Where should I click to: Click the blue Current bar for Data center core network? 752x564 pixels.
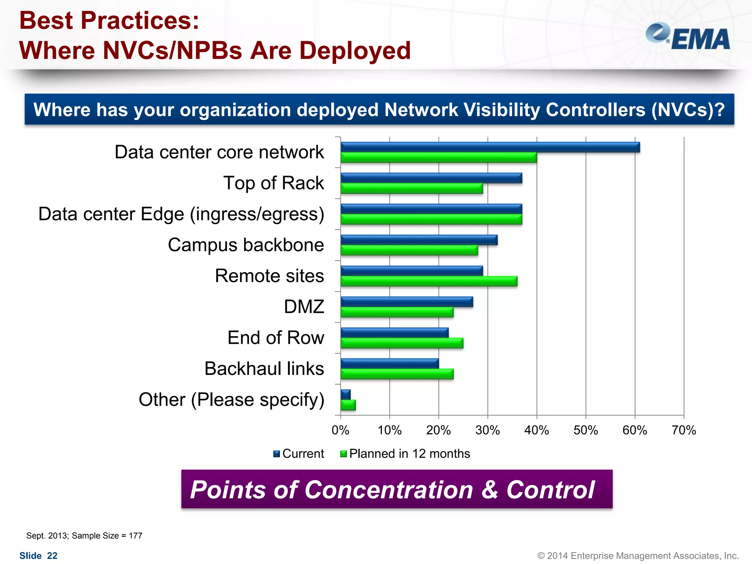tap(490, 147)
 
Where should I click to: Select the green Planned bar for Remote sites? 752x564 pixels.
tap(429, 281)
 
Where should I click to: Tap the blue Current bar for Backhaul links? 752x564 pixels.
tap(389, 364)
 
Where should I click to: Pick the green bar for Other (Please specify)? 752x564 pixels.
tap(348, 405)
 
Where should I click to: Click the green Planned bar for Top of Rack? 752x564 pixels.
tap(411, 188)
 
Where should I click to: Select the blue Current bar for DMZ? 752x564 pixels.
tap(406, 302)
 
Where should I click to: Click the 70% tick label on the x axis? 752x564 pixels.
tap(683, 430)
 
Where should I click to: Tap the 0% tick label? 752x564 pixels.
tap(340, 430)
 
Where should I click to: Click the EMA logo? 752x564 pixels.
tap(688, 37)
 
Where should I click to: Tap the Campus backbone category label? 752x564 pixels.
tap(246, 245)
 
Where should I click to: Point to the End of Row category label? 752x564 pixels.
tap(276, 337)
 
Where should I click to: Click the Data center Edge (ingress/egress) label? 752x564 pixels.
tap(181, 214)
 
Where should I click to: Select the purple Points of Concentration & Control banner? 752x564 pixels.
tap(397, 489)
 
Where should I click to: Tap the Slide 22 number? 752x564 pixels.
tap(39, 556)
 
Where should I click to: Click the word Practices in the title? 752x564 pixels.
tap(139, 21)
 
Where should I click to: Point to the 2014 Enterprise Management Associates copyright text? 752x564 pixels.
tap(638, 556)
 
